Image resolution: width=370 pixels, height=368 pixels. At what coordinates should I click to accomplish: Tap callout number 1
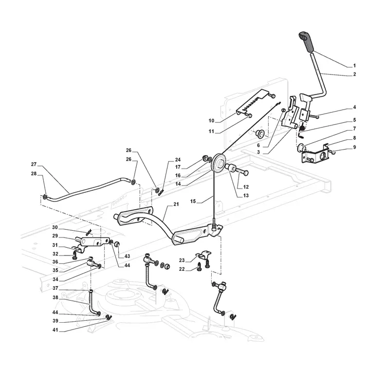(x=354, y=66)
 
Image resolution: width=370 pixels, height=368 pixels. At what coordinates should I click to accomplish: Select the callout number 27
(x=34, y=164)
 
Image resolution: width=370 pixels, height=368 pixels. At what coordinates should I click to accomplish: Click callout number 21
(x=176, y=205)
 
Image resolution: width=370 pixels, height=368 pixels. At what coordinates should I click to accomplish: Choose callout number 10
(x=211, y=120)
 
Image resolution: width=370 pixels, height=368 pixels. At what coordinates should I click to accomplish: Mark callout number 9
(x=354, y=148)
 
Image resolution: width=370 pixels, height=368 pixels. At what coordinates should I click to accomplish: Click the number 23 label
(x=181, y=260)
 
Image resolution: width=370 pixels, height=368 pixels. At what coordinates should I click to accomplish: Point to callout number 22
(x=181, y=269)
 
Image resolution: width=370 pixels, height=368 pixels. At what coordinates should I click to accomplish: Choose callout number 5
(x=354, y=120)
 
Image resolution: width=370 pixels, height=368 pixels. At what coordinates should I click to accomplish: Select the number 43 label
(x=127, y=256)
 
